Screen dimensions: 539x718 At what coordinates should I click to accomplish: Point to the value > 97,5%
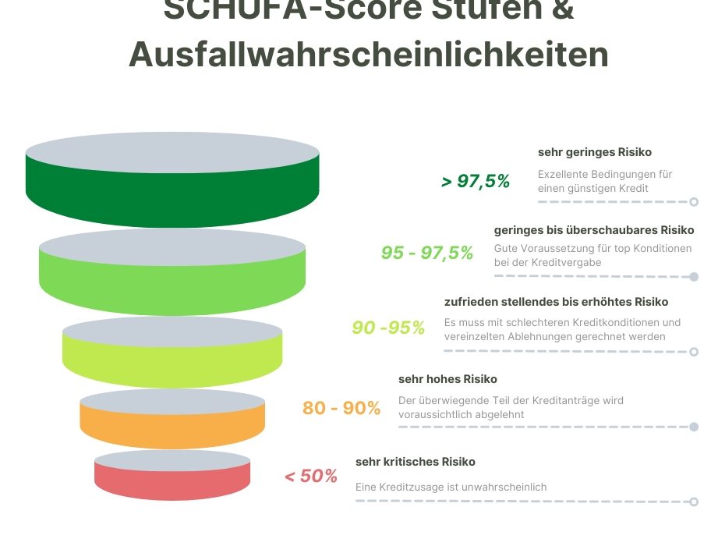click(x=476, y=182)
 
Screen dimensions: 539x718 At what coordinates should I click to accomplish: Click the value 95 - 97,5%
click(x=427, y=253)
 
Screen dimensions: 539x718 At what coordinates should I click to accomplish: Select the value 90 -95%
click(x=388, y=328)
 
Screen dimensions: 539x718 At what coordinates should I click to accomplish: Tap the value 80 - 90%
click(x=341, y=408)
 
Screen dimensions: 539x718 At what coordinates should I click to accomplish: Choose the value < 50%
click(x=311, y=476)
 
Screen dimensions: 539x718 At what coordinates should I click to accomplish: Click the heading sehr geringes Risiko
click(x=595, y=152)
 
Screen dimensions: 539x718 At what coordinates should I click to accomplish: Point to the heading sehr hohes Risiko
click(x=447, y=380)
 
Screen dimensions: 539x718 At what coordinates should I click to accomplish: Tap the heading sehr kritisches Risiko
click(x=416, y=462)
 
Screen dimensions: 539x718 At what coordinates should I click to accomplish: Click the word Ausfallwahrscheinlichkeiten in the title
click(x=368, y=54)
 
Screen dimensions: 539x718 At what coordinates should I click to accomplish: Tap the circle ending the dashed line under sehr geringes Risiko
click(x=694, y=201)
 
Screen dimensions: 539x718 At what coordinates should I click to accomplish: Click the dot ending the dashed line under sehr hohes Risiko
click(x=694, y=427)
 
